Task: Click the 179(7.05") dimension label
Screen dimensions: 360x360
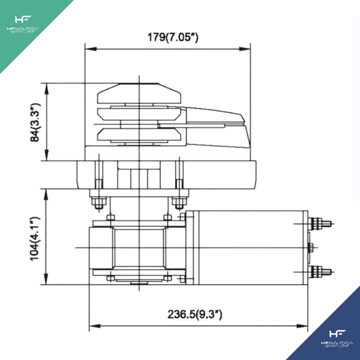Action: click(167, 37)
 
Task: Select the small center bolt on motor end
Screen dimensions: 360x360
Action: click(311, 246)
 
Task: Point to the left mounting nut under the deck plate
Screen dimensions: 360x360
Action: click(97, 203)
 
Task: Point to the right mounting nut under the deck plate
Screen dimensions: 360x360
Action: click(179, 203)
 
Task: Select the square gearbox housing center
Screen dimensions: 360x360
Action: click(138, 248)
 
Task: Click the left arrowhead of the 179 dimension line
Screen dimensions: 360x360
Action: click(88, 48)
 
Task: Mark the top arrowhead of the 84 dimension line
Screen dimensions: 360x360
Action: click(47, 87)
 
